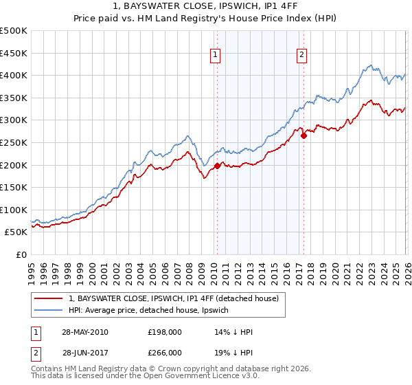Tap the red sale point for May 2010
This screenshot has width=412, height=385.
[217, 166]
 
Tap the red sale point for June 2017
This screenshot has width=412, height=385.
[303, 135]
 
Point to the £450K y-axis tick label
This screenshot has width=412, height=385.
[14, 53]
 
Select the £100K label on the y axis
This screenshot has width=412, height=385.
[14, 210]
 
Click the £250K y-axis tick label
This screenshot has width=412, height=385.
[14, 142]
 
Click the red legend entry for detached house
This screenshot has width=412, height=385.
[173, 298]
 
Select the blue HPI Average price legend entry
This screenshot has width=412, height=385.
[152, 311]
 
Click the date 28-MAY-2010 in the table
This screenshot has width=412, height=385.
[84, 332]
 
